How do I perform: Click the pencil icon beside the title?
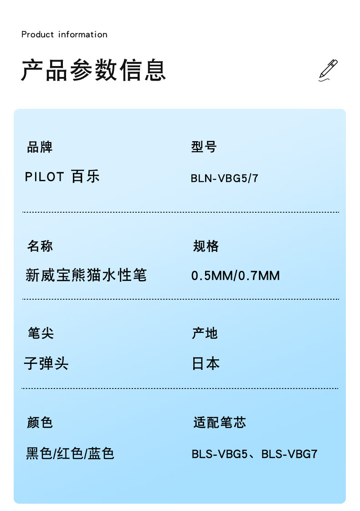pyautogui.click(x=328, y=70)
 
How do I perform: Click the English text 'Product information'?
pyautogui.click(x=64, y=35)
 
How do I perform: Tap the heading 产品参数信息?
pyautogui.click(x=93, y=71)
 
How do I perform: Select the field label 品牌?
pyautogui.click(x=40, y=147)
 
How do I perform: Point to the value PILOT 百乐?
pyautogui.click(x=62, y=177)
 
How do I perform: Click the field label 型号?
pyautogui.click(x=204, y=147)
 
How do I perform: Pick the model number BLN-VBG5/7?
pyautogui.click(x=224, y=178)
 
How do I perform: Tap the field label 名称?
pyautogui.click(x=40, y=246)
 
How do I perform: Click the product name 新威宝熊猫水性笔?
pyautogui.click(x=86, y=275)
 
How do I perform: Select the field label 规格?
pyautogui.click(x=206, y=246)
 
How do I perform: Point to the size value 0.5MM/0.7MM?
pyautogui.click(x=235, y=276)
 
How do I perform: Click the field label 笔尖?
pyautogui.click(x=41, y=333)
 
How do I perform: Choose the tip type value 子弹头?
pyautogui.click(x=46, y=363)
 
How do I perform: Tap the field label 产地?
pyautogui.click(x=205, y=333)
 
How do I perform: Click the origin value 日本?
pyautogui.click(x=206, y=363)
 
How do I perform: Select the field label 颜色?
pyautogui.click(x=40, y=423)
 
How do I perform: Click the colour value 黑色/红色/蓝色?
pyautogui.click(x=70, y=454)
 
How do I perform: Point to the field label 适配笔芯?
pyautogui.click(x=220, y=423)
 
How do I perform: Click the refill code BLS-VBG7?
pyautogui.click(x=289, y=454)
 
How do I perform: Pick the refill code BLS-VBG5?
pyautogui.click(x=220, y=454)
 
